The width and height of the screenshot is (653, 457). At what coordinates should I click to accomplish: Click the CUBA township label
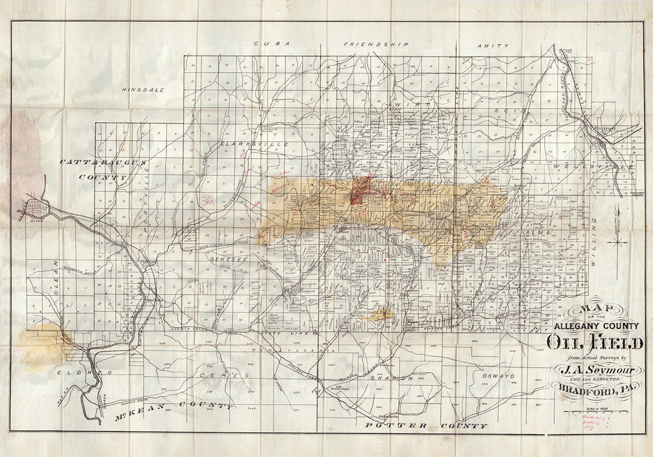tap(273, 44)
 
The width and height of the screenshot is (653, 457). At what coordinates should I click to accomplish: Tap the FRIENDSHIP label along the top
tap(376, 44)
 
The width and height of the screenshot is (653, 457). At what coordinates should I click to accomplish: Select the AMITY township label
tap(493, 45)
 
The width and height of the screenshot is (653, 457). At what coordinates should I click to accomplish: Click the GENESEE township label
tap(229, 259)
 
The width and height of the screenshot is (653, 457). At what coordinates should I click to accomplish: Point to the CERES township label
tap(217, 375)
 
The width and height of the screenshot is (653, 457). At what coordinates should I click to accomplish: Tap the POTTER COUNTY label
tap(426, 426)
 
